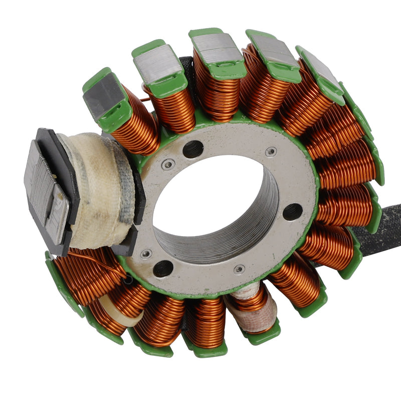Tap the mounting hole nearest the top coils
click(193, 149)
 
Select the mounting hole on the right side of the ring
click(292, 212)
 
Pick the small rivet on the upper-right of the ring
click(271, 152)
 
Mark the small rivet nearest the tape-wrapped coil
click(146, 254)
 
